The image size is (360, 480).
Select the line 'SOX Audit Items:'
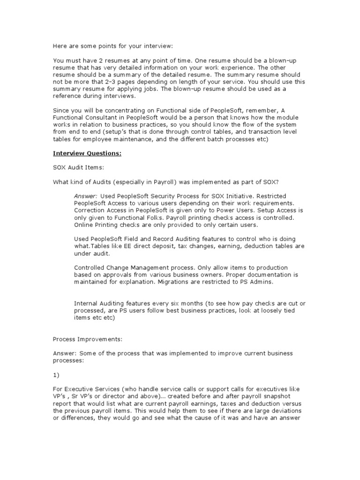pos(75,167)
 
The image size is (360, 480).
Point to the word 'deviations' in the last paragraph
pos(292,412)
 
